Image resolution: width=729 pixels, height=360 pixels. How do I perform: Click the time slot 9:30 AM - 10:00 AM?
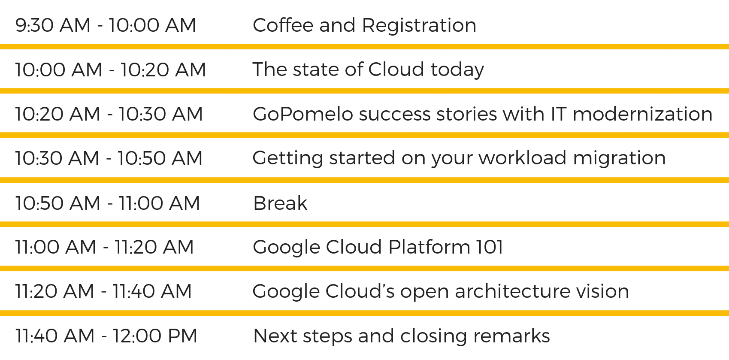[106, 25]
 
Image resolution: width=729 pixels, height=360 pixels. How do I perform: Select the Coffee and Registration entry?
[364, 25]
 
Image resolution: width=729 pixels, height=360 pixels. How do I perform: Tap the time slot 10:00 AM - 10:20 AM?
[110, 70]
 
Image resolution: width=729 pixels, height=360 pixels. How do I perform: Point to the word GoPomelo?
[302, 114]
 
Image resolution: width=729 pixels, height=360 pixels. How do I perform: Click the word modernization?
[642, 114]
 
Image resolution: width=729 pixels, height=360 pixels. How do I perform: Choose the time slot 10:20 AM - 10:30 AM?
[109, 114]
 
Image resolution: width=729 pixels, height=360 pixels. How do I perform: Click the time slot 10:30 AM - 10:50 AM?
[109, 158]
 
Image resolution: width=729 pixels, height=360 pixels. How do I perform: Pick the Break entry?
[280, 203]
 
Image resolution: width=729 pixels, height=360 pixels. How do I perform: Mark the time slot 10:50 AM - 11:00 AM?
[107, 203]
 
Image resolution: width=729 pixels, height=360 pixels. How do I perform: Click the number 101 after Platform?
[489, 247]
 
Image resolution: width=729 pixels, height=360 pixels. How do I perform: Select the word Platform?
[429, 248]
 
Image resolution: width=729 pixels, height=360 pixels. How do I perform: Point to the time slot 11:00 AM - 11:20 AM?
[104, 247]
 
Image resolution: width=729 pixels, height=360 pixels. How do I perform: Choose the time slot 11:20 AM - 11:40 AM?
[103, 291]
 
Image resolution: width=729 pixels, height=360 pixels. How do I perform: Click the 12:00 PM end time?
[155, 336]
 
